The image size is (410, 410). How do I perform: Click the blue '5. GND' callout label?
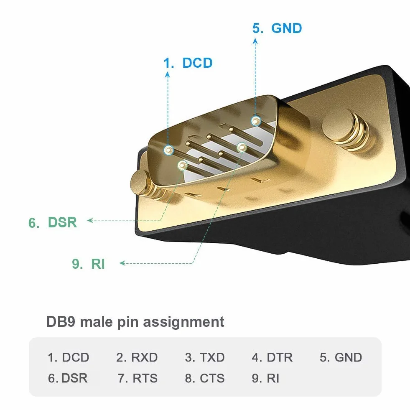277,28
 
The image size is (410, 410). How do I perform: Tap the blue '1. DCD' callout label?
188,63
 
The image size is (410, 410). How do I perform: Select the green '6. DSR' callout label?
53,222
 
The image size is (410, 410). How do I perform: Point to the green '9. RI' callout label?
88,264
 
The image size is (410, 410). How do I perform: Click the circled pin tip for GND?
256,121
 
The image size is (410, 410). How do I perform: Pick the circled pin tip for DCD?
169,150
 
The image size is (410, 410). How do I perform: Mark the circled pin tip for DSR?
182,165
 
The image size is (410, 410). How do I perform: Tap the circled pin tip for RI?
242,148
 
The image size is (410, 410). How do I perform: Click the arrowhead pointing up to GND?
255,41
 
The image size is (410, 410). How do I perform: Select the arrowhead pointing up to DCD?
168,75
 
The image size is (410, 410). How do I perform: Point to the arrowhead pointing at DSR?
90,220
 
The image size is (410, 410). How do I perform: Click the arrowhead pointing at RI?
122,263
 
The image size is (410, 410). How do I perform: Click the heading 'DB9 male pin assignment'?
135,322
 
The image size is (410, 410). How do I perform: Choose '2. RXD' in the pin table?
137,357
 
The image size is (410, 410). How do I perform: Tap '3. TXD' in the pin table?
205,357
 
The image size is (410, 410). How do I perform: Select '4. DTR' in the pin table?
272,357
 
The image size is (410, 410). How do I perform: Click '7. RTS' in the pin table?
138,378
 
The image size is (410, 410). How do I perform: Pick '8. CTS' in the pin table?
205,378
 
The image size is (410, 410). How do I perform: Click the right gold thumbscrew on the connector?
345,130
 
